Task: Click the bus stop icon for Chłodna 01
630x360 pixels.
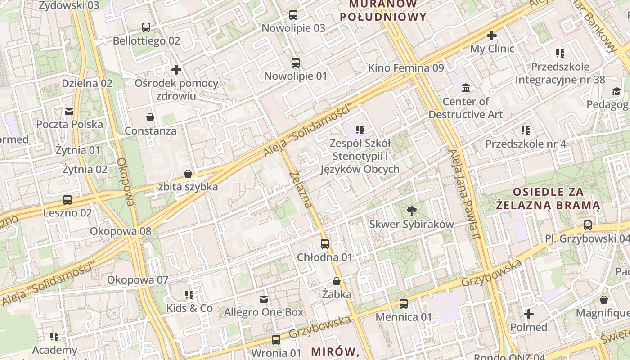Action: (325, 244)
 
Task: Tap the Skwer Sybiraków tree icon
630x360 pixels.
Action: (411, 211)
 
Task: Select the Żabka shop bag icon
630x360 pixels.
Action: (337, 282)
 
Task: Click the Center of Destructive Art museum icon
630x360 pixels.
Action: (466, 88)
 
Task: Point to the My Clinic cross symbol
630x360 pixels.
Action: (492, 35)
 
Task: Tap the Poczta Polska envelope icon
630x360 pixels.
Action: (69, 111)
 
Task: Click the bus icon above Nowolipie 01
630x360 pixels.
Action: (296, 63)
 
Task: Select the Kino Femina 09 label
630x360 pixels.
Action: (406, 68)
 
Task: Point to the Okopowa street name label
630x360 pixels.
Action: (126, 182)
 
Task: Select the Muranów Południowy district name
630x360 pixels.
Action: (383, 11)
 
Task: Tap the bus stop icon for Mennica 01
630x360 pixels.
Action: (404, 304)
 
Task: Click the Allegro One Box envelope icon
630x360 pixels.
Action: (264, 299)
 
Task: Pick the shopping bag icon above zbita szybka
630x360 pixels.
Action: (188, 174)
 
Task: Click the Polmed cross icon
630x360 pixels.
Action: (529, 314)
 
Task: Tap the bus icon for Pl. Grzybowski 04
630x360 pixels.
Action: (588, 225)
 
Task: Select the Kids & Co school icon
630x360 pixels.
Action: (189, 295)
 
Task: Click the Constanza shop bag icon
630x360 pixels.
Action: (150, 117)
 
